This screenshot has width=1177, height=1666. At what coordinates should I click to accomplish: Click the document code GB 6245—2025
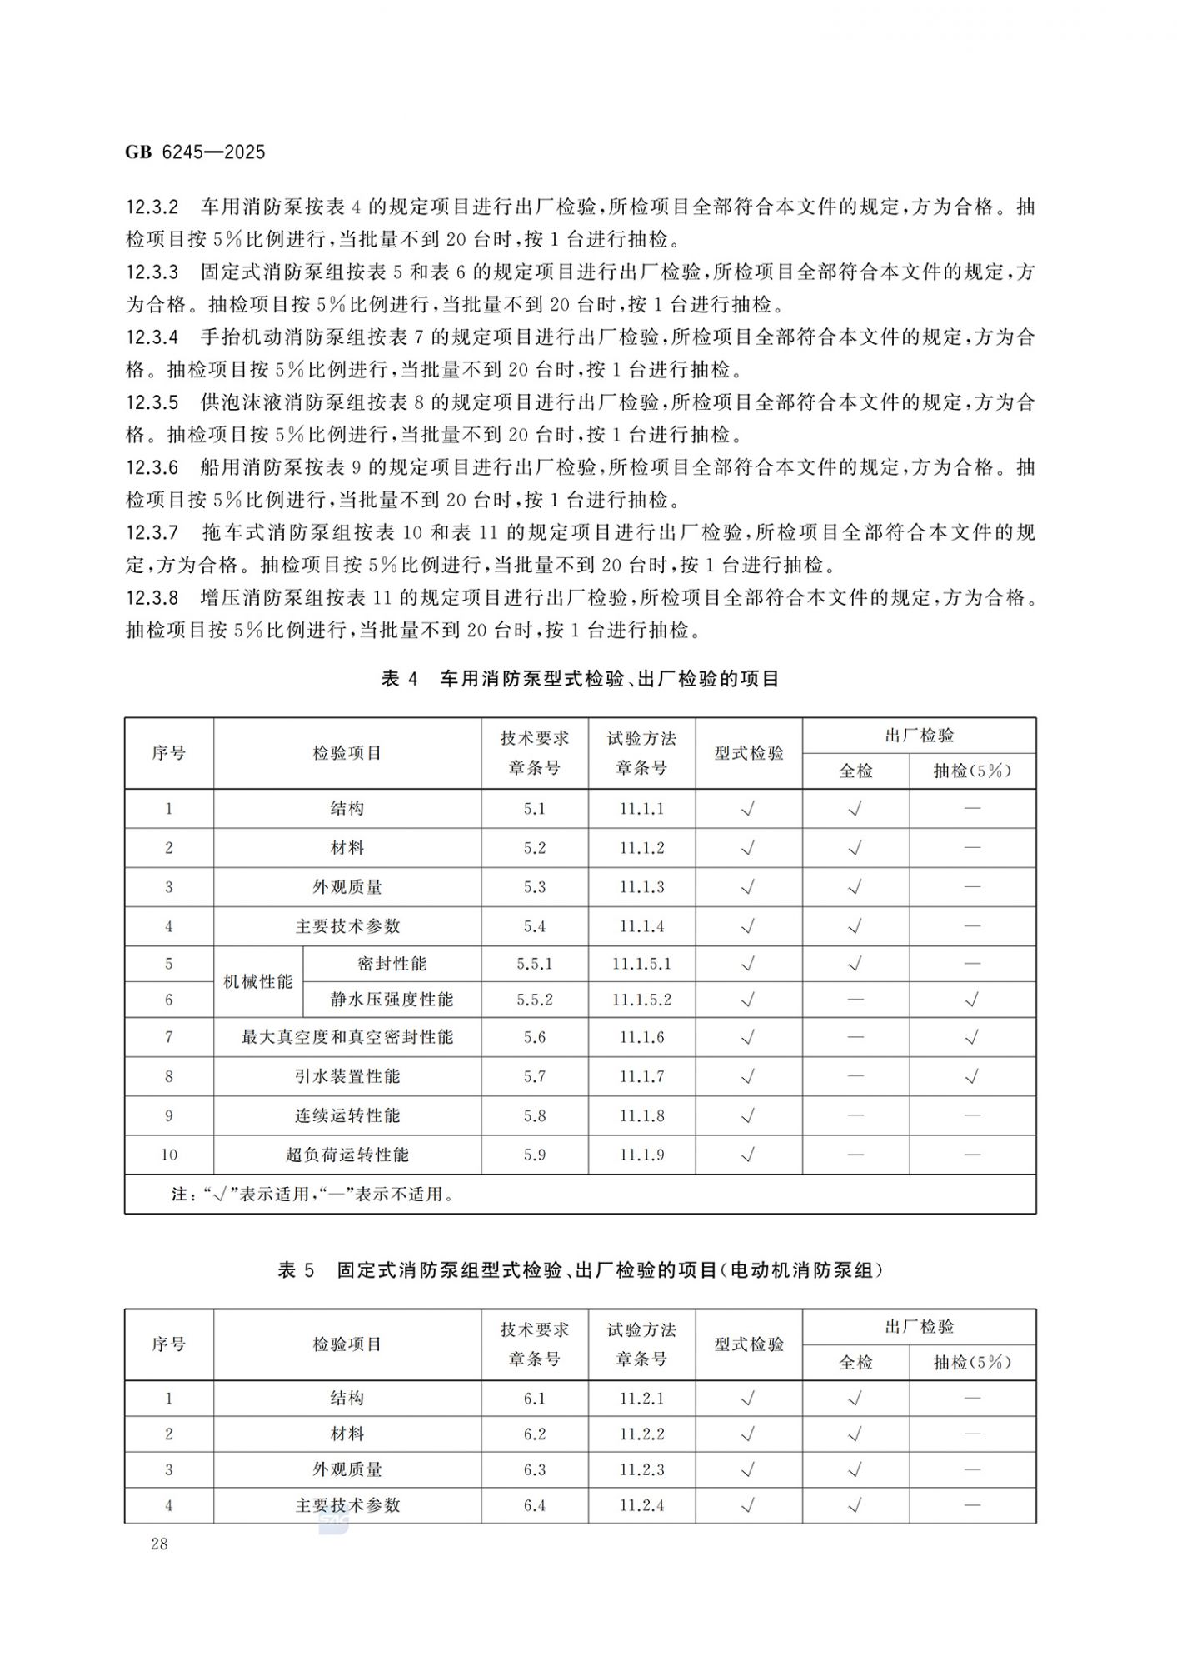pyautogui.click(x=195, y=152)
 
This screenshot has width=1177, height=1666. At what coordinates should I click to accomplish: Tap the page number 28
pyautogui.click(x=159, y=1544)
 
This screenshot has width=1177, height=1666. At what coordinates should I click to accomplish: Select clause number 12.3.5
pyautogui.click(x=152, y=402)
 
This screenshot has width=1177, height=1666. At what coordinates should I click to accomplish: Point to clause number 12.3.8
pyautogui.click(x=152, y=598)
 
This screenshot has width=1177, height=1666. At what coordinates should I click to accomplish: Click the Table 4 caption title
pyautogui.click(x=580, y=679)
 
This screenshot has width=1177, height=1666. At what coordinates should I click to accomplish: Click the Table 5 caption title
pyautogui.click(x=580, y=1270)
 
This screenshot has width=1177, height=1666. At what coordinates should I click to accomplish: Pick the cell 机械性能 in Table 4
pyautogui.click(x=258, y=982)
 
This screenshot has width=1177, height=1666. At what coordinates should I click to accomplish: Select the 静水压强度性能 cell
pyautogui.click(x=392, y=1000)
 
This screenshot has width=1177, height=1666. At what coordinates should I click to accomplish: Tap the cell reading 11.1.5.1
pyautogui.click(x=641, y=964)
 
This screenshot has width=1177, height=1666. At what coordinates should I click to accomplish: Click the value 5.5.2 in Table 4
pyautogui.click(x=535, y=1000)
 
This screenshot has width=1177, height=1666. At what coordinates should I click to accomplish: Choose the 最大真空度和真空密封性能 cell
pyautogui.click(x=347, y=1037)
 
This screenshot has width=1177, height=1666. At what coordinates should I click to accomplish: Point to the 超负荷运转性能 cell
pyautogui.click(x=347, y=1155)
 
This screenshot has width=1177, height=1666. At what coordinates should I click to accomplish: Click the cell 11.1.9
pyautogui.click(x=641, y=1155)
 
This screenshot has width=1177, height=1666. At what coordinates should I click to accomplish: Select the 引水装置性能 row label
pyautogui.click(x=347, y=1076)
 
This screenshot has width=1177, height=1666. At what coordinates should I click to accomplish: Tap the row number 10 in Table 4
pyautogui.click(x=169, y=1155)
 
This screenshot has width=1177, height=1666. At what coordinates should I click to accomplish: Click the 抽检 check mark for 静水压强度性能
pyautogui.click(x=971, y=1000)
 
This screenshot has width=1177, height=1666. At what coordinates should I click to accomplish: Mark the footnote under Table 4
pyautogui.click(x=312, y=1195)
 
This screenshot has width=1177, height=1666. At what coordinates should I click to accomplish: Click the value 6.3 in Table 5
pyautogui.click(x=535, y=1469)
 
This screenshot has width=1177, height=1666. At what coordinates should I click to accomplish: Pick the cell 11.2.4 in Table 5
pyautogui.click(x=641, y=1505)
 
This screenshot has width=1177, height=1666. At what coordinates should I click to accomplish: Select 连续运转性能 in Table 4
pyautogui.click(x=347, y=1115)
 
